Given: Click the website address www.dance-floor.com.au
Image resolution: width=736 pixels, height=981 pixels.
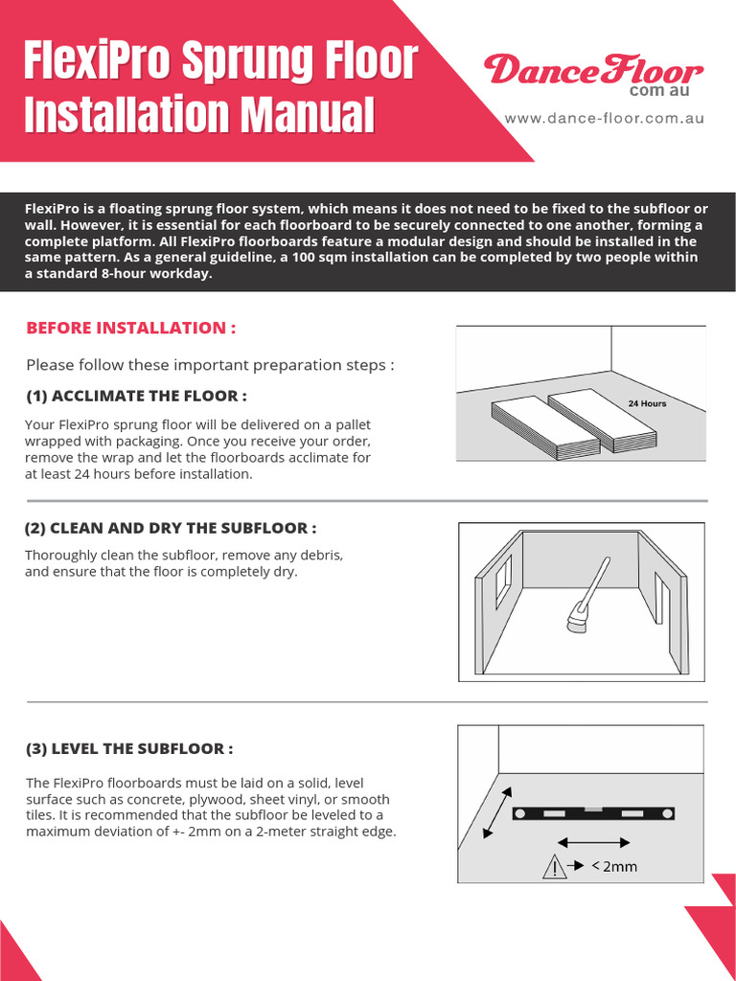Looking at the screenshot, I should [x=605, y=119].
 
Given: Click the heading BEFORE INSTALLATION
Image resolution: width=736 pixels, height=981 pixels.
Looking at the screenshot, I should [x=130, y=328].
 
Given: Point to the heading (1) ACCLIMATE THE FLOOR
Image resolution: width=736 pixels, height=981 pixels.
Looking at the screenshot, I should [x=136, y=396].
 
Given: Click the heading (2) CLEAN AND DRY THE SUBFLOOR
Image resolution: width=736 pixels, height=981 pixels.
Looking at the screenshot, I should [x=171, y=528].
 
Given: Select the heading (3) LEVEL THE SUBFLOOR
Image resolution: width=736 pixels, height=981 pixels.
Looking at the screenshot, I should [x=129, y=748].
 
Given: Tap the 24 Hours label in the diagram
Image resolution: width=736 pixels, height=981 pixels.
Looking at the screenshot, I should [x=647, y=403].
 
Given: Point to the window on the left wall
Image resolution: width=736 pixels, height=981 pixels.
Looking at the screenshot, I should [x=502, y=582].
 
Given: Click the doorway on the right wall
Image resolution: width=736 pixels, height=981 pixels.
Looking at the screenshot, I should [x=660, y=596].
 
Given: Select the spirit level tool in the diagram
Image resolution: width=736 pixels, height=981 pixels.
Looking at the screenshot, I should [x=593, y=813].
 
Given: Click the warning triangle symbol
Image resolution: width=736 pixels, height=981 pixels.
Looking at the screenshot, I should [x=554, y=867].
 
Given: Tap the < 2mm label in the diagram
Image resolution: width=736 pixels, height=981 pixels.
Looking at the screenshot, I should [x=615, y=867].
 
